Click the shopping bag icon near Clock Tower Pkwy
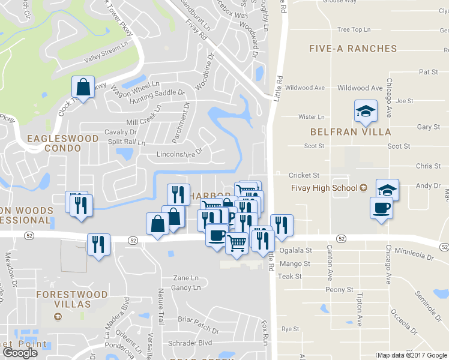(x=84, y=87)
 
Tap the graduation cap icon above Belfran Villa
(x=364, y=111)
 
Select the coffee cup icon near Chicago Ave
(x=382, y=208)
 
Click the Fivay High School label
(x=324, y=188)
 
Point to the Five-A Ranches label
(x=352, y=48)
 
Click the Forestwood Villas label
(x=71, y=299)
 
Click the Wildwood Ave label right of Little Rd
(x=360, y=88)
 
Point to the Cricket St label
(x=304, y=175)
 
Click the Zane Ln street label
(x=185, y=278)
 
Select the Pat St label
(x=429, y=72)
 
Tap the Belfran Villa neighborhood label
(x=351, y=131)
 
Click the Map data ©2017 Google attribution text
(x=412, y=356)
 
